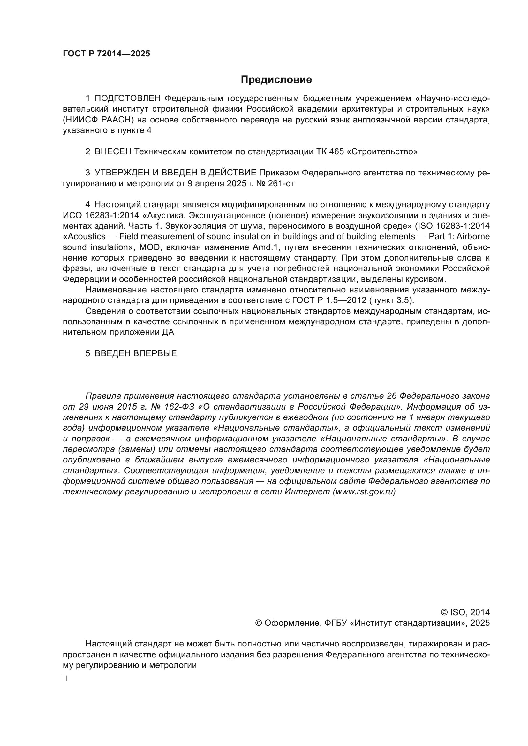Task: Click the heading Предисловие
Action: click(x=276, y=79)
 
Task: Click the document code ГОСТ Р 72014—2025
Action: click(x=106, y=54)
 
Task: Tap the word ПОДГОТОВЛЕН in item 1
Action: click(x=128, y=99)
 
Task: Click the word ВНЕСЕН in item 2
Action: click(x=113, y=152)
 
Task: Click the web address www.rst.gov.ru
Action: click(x=364, y=491)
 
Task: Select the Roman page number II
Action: click(x=65, y=678)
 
